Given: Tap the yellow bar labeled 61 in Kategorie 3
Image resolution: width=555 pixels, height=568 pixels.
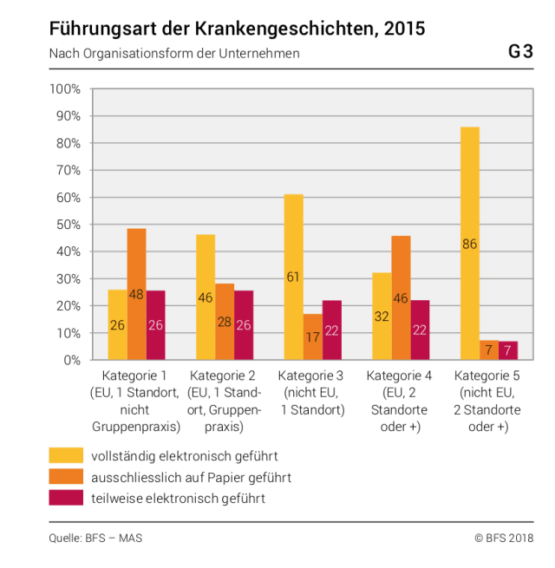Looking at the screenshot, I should click(x=294, y=277).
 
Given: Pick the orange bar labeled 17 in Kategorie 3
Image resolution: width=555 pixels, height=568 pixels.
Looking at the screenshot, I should click(x=313, y=336).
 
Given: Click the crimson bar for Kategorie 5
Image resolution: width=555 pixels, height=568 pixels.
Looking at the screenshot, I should click(x=508, y=350).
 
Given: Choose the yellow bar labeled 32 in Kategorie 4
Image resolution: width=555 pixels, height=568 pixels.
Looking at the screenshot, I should click(x=382, y=316).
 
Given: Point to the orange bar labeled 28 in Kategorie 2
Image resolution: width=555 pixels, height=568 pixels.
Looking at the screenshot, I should click(x=225, y=321).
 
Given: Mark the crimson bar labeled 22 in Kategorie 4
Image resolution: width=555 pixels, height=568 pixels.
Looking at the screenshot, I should click(x=421, y=330).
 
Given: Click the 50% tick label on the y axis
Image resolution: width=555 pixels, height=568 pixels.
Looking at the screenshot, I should click(x=69, y=225).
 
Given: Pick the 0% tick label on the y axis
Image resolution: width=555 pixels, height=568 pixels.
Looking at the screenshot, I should click(x=72, y=360).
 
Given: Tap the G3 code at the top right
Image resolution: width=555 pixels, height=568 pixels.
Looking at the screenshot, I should click(x=520, y=52).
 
